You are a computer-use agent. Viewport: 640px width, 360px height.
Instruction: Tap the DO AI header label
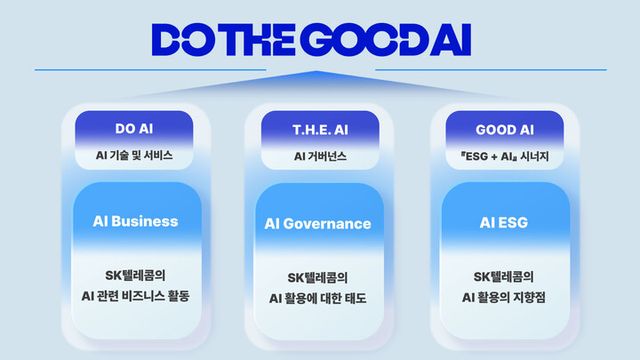134,128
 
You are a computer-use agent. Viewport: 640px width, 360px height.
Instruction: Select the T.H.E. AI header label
319,128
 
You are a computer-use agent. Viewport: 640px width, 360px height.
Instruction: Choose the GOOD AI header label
503,128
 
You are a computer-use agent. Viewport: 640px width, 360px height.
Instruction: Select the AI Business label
134,221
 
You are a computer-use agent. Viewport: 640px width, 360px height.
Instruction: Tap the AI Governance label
319,223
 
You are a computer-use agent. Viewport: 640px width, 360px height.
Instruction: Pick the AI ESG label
503,221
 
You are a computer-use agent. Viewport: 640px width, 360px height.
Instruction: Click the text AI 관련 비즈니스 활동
134,297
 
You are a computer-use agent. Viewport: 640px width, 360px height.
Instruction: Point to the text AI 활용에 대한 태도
319,297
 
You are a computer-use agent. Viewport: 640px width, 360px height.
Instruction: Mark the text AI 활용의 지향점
503,297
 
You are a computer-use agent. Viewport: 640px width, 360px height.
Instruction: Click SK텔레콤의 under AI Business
134,276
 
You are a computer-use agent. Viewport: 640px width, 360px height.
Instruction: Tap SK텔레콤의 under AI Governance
319,276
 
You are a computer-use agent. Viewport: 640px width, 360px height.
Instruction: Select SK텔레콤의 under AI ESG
503,276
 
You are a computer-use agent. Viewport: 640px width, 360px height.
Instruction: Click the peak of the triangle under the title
319,73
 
